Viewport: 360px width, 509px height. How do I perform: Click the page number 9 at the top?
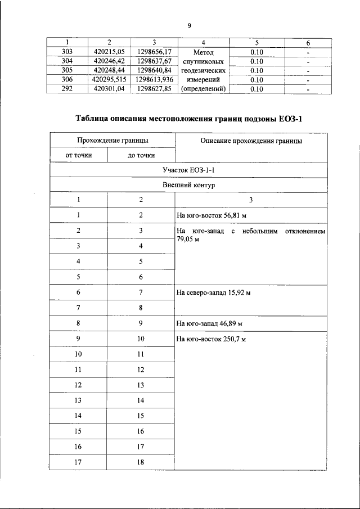(x=190, y=26)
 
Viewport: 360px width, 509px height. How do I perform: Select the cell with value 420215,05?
(x=109, y=52)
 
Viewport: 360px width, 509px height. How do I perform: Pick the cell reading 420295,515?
(x=109, y=80)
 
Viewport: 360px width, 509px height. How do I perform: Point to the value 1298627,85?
(x=154, y=89)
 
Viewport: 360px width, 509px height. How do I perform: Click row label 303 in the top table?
(x=66, y=52)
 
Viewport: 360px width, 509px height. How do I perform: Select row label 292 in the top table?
(x=66, y=89)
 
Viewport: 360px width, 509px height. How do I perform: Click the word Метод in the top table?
(x=203, y=52)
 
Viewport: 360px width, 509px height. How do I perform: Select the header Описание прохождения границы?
(x=251, y=141)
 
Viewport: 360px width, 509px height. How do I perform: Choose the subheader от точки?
(x=78, y=155)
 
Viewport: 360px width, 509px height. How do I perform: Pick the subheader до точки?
(x=141, y=155)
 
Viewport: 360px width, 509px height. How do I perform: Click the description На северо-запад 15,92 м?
(x=213, y=293)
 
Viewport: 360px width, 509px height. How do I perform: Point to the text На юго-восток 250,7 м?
(x=211, y=340)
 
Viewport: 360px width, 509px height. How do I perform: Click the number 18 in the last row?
(x=141, y=462)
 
